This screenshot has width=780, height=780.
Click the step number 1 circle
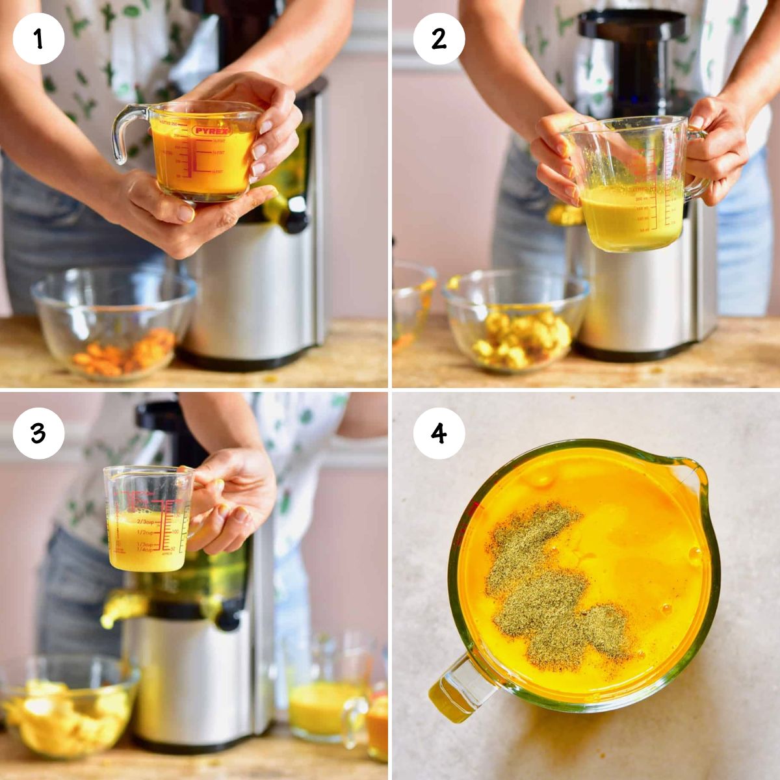(x=38, y=39)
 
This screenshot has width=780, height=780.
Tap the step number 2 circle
(x=439, y=39)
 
